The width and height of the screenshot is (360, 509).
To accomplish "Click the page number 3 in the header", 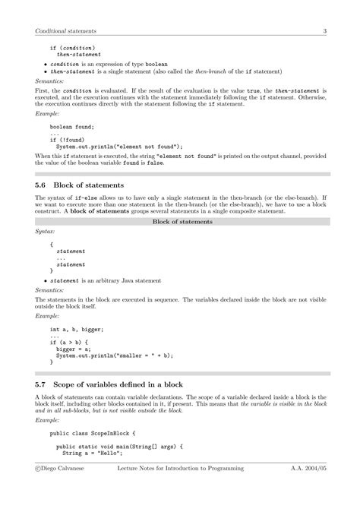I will point(324,31).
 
